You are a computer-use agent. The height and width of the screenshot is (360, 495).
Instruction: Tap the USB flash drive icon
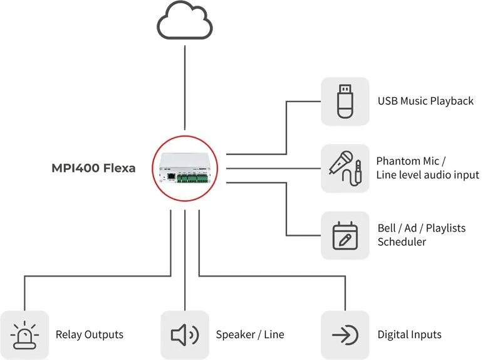click(x=345, y=102)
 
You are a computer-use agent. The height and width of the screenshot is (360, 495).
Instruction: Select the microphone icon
click(x=341, y=162)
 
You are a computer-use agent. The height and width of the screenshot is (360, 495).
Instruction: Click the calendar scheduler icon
click(x=345, y=236)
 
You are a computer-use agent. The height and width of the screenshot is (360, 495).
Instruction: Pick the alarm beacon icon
click(x=24, y=335)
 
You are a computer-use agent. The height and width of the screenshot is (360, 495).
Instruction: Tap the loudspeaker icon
click(x=185, y=335)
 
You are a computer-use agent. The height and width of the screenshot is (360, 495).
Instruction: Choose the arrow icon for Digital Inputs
click(x=345, y=335)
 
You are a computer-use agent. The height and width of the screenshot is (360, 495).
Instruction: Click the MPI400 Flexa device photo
click(x=185, y=168)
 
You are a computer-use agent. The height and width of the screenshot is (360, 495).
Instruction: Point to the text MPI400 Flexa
click(x=93, y=168)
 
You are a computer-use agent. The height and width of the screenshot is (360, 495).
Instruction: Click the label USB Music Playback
click(x=425, y=101)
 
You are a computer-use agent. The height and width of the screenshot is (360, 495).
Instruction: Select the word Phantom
click(x=399, y=161)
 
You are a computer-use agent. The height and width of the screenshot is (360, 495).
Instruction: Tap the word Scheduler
click(x=402, y=242)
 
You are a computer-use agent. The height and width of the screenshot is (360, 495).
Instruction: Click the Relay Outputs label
click(x=90, y=335)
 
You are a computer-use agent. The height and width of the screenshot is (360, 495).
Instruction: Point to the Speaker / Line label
click(x=250, y=335)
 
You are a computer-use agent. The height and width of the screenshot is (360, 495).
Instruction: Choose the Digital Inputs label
click(x=409, y=335)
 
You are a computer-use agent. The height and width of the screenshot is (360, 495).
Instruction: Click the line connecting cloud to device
click(x=185, y=88)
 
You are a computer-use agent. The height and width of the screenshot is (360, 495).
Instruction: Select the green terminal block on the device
click(x=192, y=178)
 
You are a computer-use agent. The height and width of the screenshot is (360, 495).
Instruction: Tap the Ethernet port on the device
click(x=171, y=177)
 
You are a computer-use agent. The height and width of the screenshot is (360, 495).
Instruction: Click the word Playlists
click(x=445, y=228)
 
